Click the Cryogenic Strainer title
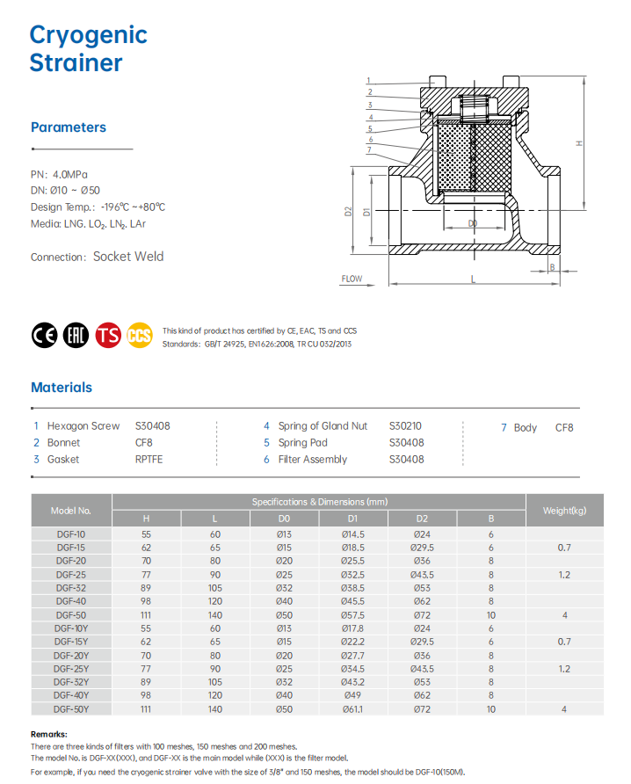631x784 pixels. pyautogui.click(x=88, y=48)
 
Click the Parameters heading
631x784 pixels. pyautogui.click(x=68, y=127)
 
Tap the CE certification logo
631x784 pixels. pyautogui.click(x=44, y=336)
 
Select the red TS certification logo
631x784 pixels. pyautogui.click(x=109, y=336)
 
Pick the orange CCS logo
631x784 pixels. pyautogui.click(x=139, y=336)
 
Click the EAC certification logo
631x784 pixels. pyautogui.click(x=76, y=336)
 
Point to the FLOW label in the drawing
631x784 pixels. pyautogui.click(x=352, y=279)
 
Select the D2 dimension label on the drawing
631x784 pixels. pyautogui.click(x=348, y=212)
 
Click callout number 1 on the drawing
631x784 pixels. pyautogui.click(x=370, y=81)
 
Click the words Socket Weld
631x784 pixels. pyautogui.click(x=128, y=257)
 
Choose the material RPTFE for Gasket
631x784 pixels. pyautogui.click(x=149, y=459)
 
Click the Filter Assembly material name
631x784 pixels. pyautogui.click(x=312, y=459)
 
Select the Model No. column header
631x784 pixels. pyautogui.click(x=71, y=511)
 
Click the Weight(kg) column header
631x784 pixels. pyautogui.click(x=564, y=511)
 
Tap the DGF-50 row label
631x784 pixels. pyautogui.click(x=71, y=615)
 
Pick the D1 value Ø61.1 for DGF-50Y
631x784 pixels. pyautogui.click(x=352, y=708)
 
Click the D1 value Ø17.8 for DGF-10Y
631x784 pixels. pyautogui.click(x=352, y=628)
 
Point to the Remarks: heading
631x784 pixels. pyautogui.click(x=49, y=734)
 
